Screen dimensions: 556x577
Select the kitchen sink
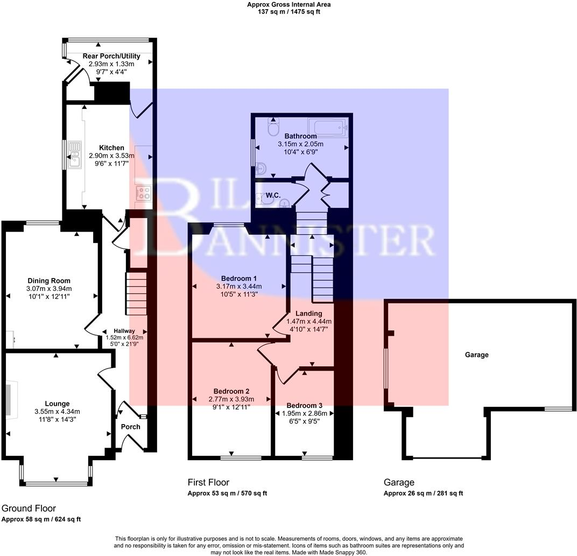pos(74,152)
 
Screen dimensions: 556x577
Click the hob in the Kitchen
pos(143,193)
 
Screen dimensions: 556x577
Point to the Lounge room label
pos(57,404)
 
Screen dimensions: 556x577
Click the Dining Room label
pos(49,281)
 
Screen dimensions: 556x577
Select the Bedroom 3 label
pos(305,406)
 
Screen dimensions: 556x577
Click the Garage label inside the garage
pos(476,355)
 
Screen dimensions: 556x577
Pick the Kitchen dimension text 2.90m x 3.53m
pos(112,156)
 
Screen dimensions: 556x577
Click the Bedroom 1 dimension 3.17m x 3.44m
pos(238,286)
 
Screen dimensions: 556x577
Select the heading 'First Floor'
pos(208,482)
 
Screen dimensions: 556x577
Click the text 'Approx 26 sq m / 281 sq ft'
pos(423,493)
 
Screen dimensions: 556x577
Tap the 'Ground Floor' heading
pos(29,508)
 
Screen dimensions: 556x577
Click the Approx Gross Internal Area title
pos(288,4)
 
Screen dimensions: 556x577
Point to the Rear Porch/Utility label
pos(111,56)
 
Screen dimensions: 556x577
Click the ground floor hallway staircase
pos(136,294)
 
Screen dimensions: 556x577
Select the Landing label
pos(308,313)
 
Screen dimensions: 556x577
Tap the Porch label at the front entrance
pos(130,427)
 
